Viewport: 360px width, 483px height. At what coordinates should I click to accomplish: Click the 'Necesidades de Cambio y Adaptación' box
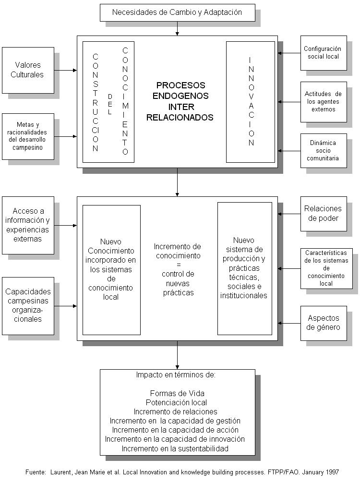click(177, 12)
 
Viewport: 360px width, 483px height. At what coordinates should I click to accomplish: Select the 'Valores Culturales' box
click(28, 70)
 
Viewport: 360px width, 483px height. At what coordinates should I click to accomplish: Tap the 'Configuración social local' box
click(324, 53)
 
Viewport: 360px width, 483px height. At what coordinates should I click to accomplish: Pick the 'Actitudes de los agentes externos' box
click(324, 102)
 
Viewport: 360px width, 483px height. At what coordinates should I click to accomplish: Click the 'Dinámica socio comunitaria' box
click(324, 150)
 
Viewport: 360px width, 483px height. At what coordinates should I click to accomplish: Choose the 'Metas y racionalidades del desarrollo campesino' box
click(28, 136)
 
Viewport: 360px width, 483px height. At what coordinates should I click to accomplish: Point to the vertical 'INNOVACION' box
click(251, 102)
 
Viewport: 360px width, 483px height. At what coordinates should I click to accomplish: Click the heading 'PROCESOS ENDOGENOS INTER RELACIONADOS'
click(180, 101)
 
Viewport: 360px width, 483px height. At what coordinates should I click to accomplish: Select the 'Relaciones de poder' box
click(324, 214)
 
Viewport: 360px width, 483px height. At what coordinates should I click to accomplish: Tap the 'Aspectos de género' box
click(324, 323)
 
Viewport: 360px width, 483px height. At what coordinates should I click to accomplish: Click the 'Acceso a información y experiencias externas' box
click(28, 225)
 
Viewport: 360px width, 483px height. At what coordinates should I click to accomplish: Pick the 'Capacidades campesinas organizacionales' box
click(28, 305)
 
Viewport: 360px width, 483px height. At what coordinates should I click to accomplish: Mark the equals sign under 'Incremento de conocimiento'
click(178, 265)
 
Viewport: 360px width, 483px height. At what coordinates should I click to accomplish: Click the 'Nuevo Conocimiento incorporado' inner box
click(111, 269)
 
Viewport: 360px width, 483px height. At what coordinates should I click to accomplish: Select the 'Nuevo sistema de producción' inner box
click(244, 268)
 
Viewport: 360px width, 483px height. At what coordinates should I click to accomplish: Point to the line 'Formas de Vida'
click(177, 394)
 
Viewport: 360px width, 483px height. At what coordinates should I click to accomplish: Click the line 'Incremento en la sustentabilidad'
click(175, 449)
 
